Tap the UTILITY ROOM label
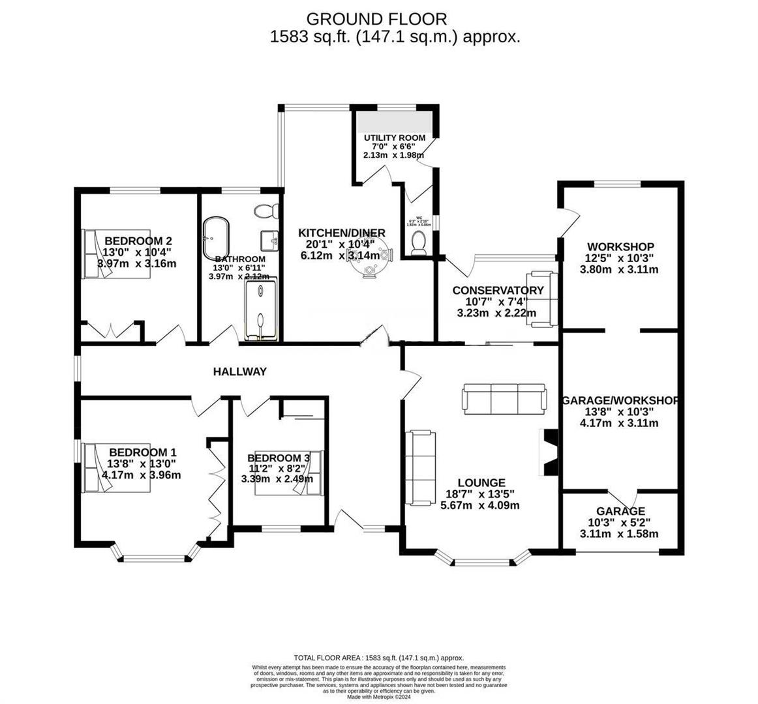[x=395, y=138]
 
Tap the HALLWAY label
[x=240, y=372]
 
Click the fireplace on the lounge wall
[x=547, y=454]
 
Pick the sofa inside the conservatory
[x=543, y=298]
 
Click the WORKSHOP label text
[x=620, y=246]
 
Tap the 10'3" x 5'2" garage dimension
[x=620, y=523]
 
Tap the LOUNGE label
[x=481, y=483]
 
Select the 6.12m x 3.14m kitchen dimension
[x=340, y=256]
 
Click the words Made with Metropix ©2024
[x=379, y=697]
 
